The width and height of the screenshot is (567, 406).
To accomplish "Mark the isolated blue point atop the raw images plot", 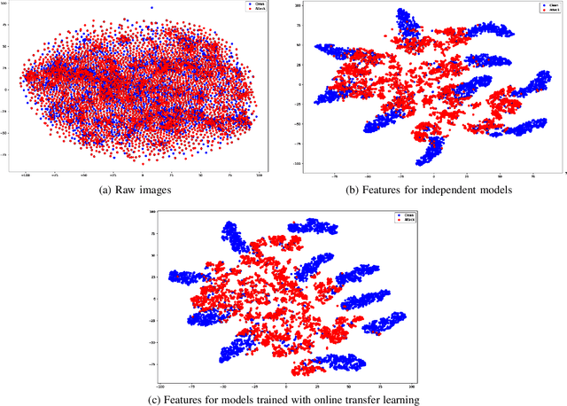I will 151,8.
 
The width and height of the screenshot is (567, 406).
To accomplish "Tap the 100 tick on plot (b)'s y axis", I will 299,6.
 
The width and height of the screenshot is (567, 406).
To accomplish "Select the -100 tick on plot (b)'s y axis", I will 298,164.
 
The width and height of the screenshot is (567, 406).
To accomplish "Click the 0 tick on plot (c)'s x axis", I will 286,387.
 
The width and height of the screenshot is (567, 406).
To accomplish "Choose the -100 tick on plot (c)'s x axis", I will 160,387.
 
